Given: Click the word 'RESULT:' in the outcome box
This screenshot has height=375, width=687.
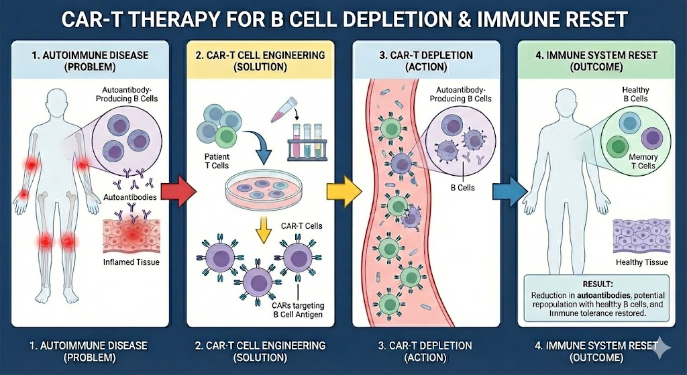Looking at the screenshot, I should [596, 284].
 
